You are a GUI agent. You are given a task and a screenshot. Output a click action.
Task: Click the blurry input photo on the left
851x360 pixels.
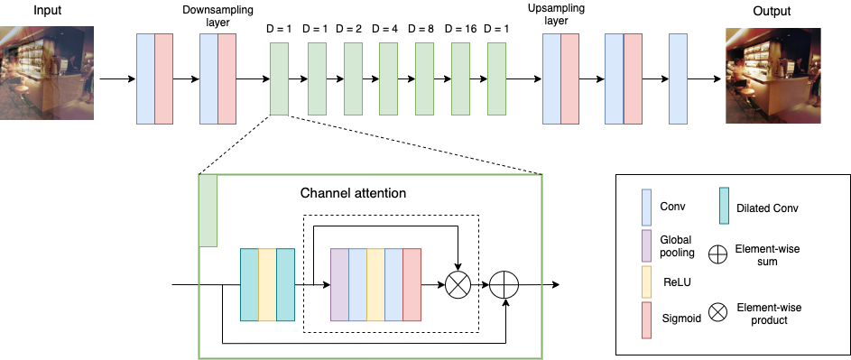(46, 72)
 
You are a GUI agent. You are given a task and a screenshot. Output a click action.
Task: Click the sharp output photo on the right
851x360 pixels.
(772, 75)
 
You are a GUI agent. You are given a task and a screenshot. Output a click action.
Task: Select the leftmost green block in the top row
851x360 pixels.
(279, 78)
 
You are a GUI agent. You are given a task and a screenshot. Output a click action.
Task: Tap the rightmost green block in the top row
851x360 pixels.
(496, 78)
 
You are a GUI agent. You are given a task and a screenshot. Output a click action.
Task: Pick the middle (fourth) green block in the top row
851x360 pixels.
(388, 78)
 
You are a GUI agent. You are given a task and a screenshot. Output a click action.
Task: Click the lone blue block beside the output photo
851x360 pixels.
(678, 78)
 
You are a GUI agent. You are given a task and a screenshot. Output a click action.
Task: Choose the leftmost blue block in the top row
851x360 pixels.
(145, 78)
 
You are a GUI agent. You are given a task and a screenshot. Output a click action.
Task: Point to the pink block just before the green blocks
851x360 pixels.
(227, 78)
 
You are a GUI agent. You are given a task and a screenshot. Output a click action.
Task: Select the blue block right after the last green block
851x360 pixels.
(551, 78)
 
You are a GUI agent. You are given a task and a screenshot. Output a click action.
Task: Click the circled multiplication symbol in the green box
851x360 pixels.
(458, 285)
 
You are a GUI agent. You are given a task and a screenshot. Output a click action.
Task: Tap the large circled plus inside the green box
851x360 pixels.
(504, 285)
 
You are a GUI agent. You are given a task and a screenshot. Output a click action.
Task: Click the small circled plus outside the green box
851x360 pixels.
(717, 254)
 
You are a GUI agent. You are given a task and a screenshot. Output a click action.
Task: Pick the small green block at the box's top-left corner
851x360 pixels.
(208, 211)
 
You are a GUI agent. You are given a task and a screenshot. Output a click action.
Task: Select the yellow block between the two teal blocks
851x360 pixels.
(267, 285)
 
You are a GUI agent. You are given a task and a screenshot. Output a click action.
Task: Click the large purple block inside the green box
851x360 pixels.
(339, 285)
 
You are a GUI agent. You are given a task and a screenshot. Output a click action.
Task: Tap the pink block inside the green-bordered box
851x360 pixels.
(412, 285)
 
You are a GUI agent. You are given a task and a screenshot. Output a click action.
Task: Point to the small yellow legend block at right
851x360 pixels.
(646, 282)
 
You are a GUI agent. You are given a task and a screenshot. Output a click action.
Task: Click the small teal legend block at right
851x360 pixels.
(724, 206)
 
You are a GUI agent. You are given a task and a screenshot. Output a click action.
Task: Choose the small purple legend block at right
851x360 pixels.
(646, 245)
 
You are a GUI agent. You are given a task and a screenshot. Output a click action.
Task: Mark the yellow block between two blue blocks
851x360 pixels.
(375, 285)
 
